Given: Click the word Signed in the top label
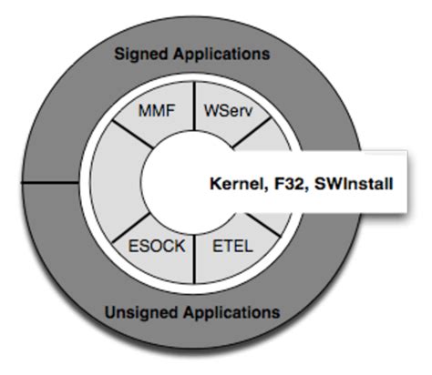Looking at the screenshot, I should (x=143, y=54).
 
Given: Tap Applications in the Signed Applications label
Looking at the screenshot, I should (x=221, y=54).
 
